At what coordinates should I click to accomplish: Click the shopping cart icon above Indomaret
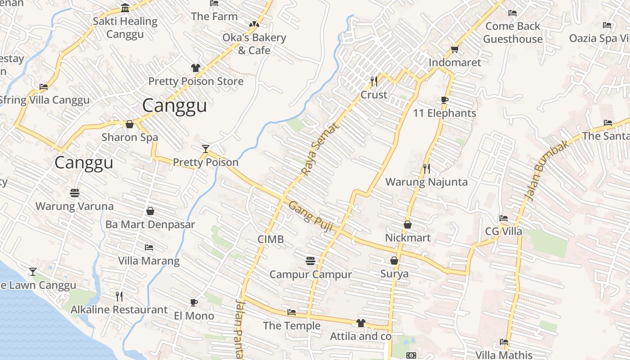coord(454,49)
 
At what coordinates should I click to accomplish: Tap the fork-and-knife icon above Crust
coord(373,81)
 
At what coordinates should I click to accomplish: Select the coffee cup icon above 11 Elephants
coord(445,100)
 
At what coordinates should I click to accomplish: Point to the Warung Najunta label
coord(427,182)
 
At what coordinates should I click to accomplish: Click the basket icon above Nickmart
coord(408,224)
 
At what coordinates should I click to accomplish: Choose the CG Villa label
coord(503,231)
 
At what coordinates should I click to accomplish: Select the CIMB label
coord(270,239)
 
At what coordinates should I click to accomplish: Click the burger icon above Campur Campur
coord(310,261)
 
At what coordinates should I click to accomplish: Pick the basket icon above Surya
coord(394,261)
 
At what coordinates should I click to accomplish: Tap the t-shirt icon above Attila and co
coord(360,323)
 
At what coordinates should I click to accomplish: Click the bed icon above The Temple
coord(292,312)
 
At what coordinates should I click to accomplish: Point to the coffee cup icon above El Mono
coord(194,302)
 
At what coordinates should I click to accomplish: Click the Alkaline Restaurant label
coord(119,310)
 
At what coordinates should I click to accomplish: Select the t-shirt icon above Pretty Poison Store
coord(195,68)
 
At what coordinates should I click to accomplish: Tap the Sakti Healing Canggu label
coord(125,27)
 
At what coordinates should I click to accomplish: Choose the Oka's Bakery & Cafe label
coord(254,44)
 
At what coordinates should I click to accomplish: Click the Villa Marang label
coord(148,261)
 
